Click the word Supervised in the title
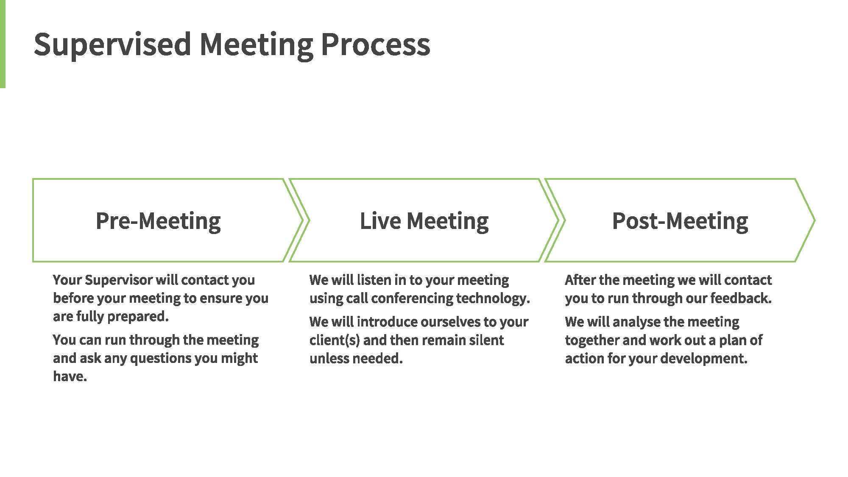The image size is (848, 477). click(x=112, y=45)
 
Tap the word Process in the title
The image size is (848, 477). click(x=375, y=44)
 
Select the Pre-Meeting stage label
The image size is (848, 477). click(x=158, y=221)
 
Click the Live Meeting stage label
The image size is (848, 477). click(x=424, y=221)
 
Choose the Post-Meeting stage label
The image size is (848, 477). click(x=680, y=221)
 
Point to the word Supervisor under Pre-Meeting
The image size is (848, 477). click(x=119, y=280)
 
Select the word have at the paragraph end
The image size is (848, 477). click(x=70, y=376)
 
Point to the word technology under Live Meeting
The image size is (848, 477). click(x=493, y=298)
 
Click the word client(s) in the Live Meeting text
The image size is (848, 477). click(x=335, y=340)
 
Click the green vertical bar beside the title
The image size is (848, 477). click(x=3, y=44)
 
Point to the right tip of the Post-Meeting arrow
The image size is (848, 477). click(x=815, y=220)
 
